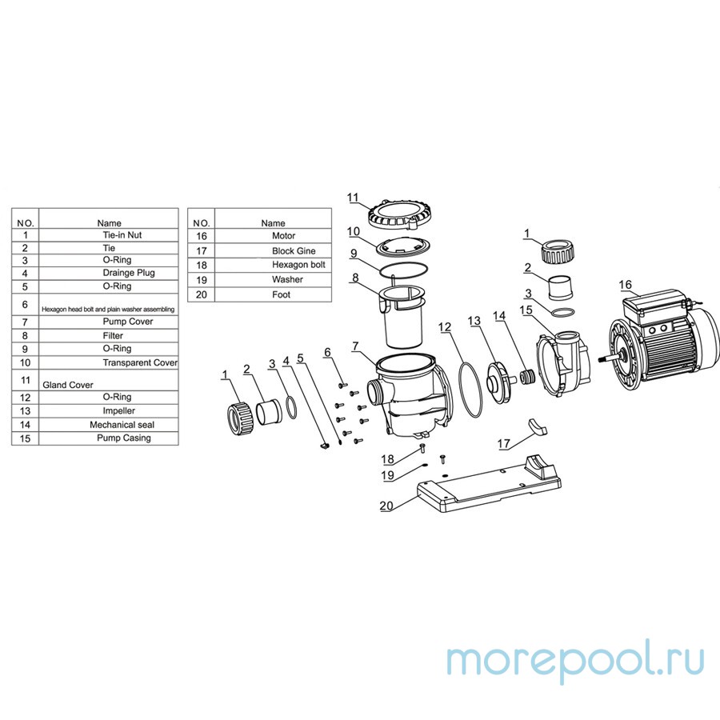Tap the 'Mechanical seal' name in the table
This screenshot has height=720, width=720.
[122, 425]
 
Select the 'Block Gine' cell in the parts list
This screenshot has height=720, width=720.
[294, 250]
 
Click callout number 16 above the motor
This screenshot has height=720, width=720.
[625, 285]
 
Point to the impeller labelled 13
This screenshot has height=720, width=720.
[498, 382]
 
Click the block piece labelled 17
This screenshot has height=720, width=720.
[538, 426]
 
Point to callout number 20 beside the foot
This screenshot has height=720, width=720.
[386, 506]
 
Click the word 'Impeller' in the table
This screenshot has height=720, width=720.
[119, 410]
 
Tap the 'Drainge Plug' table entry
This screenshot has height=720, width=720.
[129, 273]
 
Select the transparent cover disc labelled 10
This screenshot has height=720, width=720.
[403, 247]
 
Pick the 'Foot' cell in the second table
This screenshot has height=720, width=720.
[281, 294]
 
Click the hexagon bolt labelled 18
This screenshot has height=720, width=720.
[423, 448]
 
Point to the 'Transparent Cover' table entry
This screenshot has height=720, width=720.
[140, 362]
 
